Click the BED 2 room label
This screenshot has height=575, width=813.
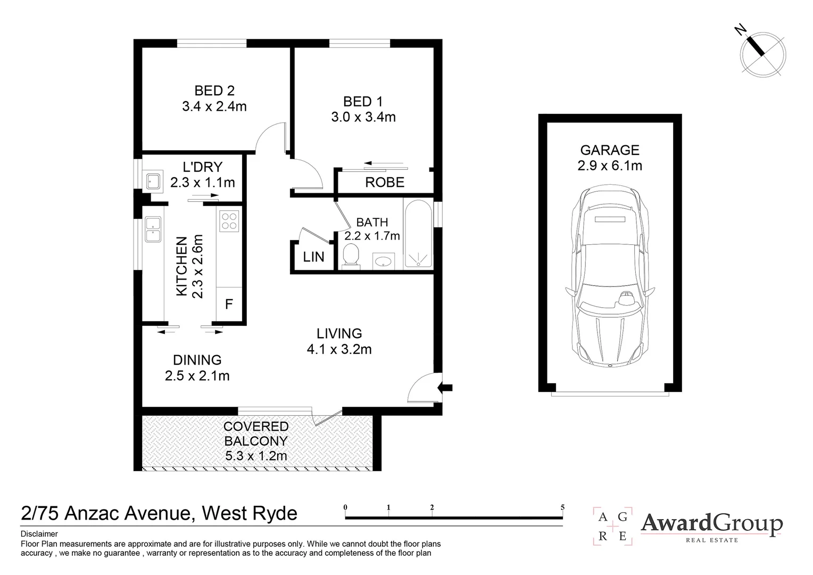(214, 91)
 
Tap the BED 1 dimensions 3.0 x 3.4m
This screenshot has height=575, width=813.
(363, 117)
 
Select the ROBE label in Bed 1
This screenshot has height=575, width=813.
(384, 183)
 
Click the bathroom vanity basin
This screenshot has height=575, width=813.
(383, 261)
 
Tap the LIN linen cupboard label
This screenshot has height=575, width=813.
(313, 257)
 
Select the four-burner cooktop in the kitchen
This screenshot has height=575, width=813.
(229, 221)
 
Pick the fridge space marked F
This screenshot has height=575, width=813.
(229, 305)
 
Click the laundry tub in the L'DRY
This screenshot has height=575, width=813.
(154, 181)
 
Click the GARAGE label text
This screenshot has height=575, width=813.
(609, 150)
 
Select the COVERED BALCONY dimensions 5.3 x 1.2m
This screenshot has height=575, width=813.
(256, 456)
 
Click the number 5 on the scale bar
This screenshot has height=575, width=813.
(562, 507)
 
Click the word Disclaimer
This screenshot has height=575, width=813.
(39, 534)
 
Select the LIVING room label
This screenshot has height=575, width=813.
(339, 334)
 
